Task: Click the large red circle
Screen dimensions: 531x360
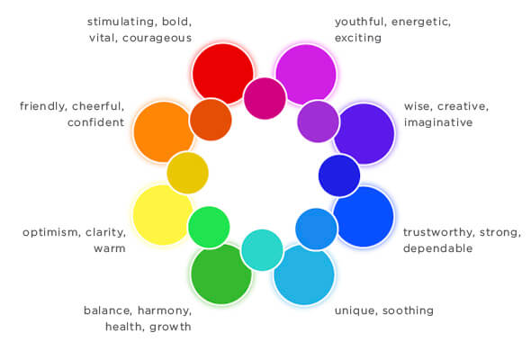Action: click(x=222, y=74)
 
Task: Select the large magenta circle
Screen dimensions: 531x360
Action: click(x=306, y=75)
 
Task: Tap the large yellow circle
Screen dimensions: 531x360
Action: click(x=163, y=215)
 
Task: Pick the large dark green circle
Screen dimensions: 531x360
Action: click(x=221, y=274)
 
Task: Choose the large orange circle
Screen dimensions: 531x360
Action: click(x=164, y=131)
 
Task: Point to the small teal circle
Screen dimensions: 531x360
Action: click(x=262, y=250)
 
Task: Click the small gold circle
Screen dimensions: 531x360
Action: click(x=187, y=173)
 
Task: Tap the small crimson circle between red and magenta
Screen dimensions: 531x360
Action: click(x=265, y=98)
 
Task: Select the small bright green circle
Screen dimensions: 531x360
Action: click(x=209, y=227)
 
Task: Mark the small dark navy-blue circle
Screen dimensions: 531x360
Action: click(x=339, y=175)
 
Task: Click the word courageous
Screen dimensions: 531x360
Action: click(x=157, y=38)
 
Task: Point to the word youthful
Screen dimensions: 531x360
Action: click(x=360, y=22)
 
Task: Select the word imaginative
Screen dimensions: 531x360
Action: click(x=438, y=122)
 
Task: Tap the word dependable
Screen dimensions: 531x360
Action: click(x=438, y=248)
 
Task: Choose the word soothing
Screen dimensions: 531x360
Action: click(x=408, y=310)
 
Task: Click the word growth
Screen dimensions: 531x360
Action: click(x=170, y=327)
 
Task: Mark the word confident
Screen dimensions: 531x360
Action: click(x=95, y=122)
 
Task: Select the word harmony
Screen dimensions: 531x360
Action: click(x=165, y=310)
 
